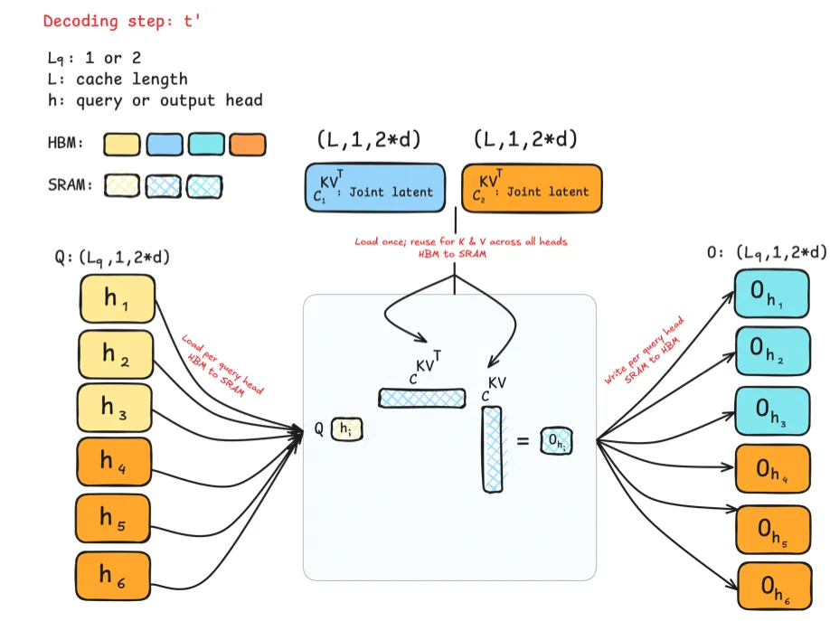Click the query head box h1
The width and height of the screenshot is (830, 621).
click(118, 298)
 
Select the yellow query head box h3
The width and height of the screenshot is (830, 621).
click(118, 409)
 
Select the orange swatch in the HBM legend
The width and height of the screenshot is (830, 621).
click(248, 145)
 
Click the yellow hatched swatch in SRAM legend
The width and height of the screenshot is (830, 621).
click(122, 186)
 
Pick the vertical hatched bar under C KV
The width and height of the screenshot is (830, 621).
click(492, 449)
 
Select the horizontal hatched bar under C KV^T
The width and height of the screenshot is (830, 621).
click(421, 397)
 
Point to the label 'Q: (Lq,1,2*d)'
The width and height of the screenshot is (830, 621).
click(113, 257)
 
